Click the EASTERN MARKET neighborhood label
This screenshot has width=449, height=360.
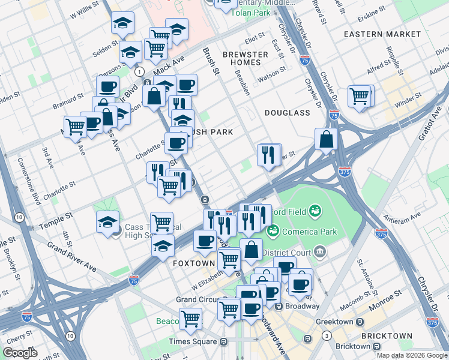382,34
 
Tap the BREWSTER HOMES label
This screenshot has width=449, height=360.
245,59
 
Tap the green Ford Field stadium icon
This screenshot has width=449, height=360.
314,211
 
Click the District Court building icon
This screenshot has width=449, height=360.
319,250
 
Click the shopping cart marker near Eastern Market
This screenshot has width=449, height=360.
359,96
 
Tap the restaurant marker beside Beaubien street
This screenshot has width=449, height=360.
268,155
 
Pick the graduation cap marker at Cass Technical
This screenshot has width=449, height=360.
107,222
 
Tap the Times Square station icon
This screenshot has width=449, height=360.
223,341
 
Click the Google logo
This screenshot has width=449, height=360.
20,353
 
